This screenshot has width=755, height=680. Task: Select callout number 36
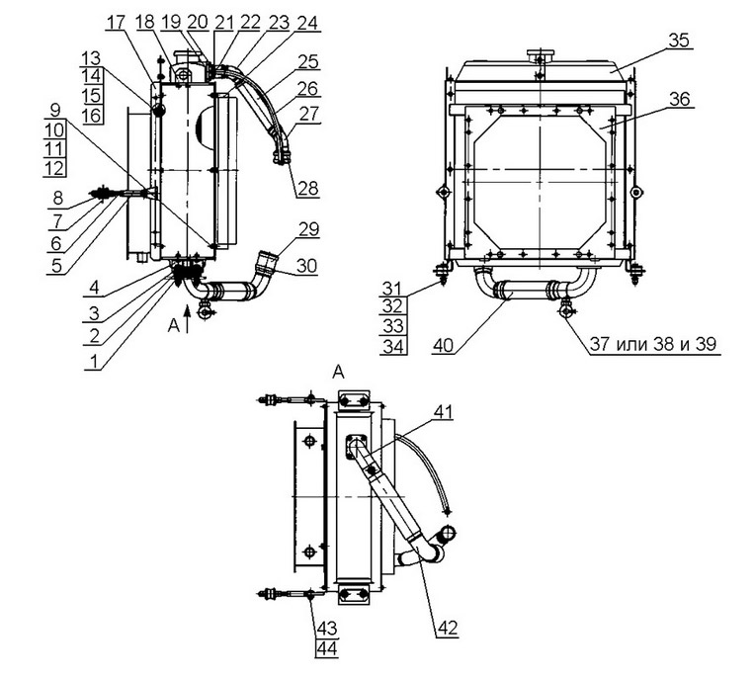(x=678, y=99)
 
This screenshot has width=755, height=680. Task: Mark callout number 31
(x=391, y=289)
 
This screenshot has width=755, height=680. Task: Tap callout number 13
(x=92, y=58)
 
